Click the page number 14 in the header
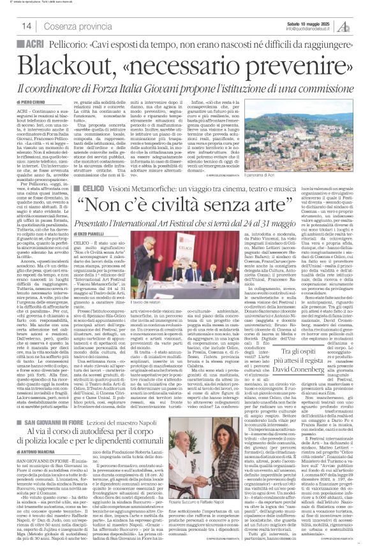click(x=27, y=25)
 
